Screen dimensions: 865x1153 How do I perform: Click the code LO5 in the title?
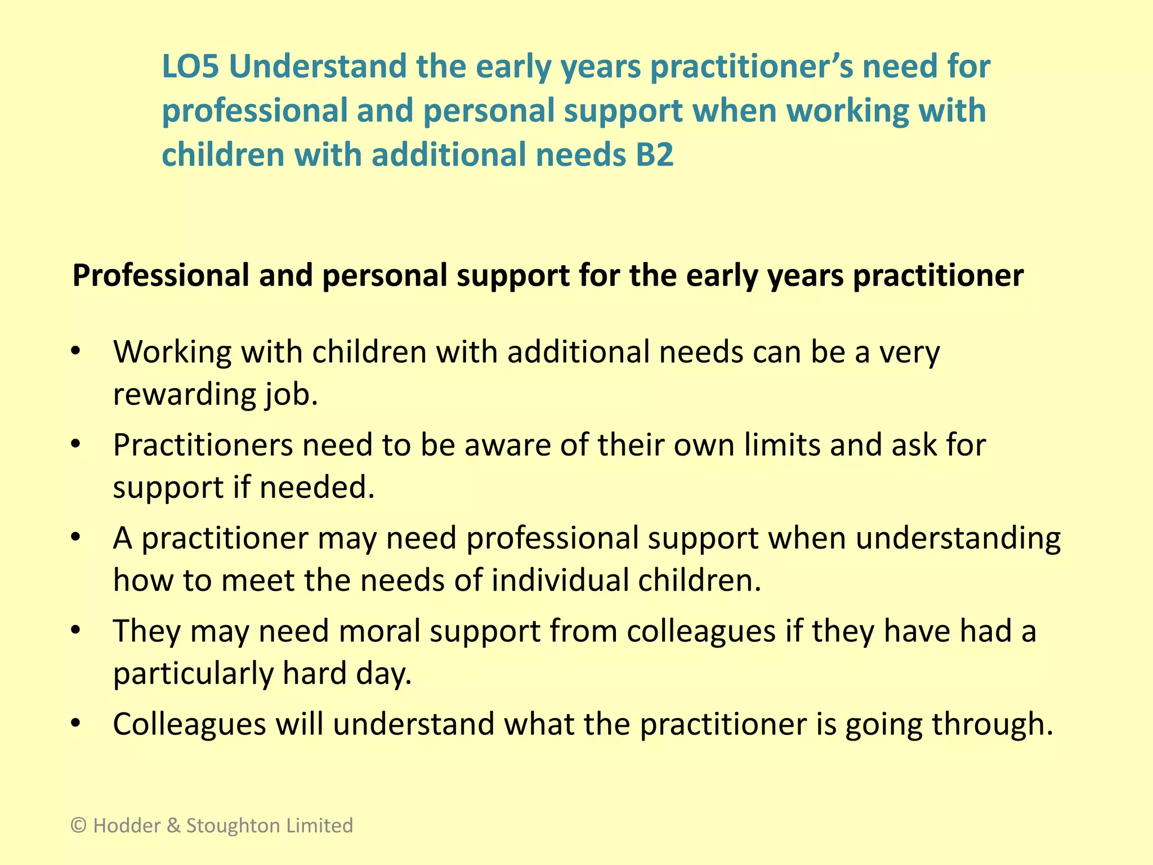point(190,66)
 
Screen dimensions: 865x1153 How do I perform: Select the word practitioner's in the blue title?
point(752,66)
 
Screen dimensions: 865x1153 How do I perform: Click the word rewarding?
point(184,395)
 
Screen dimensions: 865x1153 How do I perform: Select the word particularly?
point(193,674)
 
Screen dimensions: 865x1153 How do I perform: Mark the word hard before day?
point(314,674)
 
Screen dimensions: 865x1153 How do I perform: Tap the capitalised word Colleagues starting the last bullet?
point(189,724)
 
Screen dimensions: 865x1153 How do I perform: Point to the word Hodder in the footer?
point(127,826)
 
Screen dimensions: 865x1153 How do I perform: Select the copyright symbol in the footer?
point(79,826)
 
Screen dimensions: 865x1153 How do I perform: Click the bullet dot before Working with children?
point(76,351)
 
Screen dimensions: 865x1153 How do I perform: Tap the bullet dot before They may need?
point(76,631)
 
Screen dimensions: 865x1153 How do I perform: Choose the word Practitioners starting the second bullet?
point(203,445)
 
